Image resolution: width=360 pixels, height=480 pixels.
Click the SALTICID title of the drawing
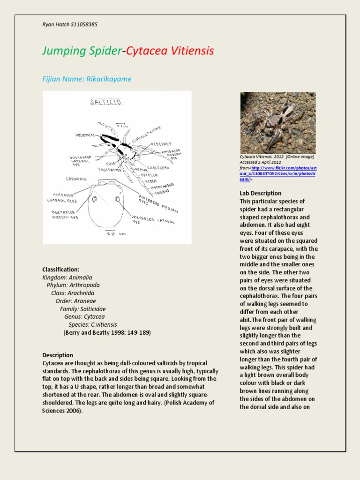pyautogui.click(x=105, y=102)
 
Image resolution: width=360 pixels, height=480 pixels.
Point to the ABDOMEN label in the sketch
pyautogui.click(x=86, y=135)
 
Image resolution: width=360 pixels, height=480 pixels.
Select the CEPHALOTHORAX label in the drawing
pyautogui.click(x=139, y=128)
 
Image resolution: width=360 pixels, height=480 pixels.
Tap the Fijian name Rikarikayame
pyautogui.click(x=108, y=79)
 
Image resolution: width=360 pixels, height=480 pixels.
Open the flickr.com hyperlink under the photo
pyautogui.click(x=278, y=168)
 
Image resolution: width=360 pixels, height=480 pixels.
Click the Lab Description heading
pyautogui.click(x=260, y=193)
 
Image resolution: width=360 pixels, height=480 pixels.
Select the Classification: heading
pyautogui.click(x=60, y=270)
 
